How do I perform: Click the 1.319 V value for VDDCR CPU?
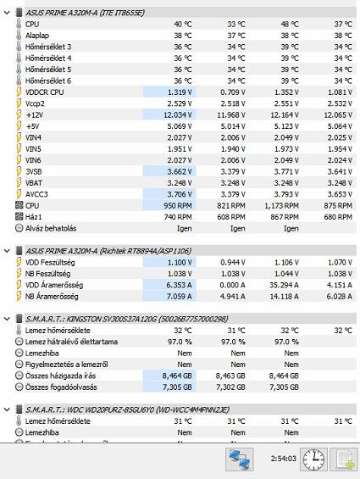click(180, 92)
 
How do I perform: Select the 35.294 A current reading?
click(284, 285)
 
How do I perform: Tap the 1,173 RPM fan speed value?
click(281, 206)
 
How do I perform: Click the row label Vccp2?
click(35, 103)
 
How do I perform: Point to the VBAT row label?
click(34, 183)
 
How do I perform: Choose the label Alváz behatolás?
click(51, 228)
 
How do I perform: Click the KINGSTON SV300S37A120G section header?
click(127, 319)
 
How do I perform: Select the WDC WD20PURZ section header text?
click(127, 409)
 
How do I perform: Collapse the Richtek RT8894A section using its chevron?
click(7, 251)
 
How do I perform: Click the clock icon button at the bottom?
click(313, 460)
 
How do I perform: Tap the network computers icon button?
click(240, 460)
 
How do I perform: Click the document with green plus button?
click(344, 460)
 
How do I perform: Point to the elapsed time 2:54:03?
click(284, 459)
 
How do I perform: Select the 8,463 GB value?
click(230, 376)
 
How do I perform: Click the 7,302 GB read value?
click(230, 387)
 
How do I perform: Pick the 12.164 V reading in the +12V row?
click(285, 114)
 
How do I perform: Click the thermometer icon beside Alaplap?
click(19, 36)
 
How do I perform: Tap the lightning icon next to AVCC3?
click(19, 194)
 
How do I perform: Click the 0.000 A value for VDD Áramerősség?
click(233, 285)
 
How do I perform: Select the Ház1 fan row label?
click(34, 217)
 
